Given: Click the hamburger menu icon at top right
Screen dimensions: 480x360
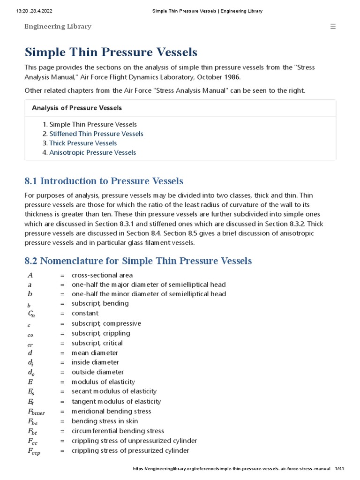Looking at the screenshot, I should [x=333, y=26].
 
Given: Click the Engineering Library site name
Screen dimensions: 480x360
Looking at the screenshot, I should [x=58, y=26].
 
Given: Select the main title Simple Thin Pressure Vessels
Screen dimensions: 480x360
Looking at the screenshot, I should [x=111, y=52].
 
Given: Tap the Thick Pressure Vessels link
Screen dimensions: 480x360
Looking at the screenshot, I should [x=83, y=143].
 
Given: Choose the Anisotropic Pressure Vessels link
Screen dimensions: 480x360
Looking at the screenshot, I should [x=92, y=152].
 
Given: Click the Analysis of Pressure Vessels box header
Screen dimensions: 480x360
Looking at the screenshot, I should [x=77, y=108].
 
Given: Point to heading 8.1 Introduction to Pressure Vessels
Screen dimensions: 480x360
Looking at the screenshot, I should [x=104, y=180].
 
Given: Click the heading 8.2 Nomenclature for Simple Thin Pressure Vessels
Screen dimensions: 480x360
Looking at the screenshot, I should [x=138, y=261].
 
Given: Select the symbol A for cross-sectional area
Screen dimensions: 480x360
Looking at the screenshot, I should [x=30, y=275].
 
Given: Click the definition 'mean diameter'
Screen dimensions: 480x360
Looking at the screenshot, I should [x=95, y=352].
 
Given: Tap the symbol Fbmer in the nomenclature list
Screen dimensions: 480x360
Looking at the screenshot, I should [x=37, y=412].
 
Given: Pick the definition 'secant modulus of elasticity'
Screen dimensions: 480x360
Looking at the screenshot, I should [x=114, y=391].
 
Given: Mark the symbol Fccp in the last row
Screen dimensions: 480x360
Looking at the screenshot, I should [x=34, y=451].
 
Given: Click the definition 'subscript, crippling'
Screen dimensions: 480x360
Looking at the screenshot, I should [x=101, y=333].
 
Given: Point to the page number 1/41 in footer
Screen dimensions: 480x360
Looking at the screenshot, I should [x=339, y=468].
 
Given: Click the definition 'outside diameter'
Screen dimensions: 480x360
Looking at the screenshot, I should [x=97, y=372].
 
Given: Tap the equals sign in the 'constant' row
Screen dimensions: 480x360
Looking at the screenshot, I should [x=62, y=313].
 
